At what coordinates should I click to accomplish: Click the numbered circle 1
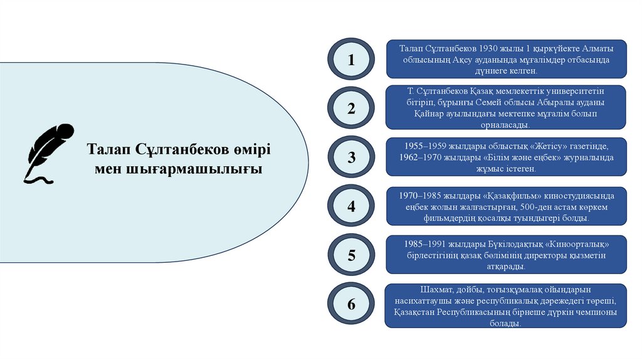pos(351,60)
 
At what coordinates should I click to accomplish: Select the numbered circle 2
pos(351,109)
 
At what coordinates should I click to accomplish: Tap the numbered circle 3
pos(351,157)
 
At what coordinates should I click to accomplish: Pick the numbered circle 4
pos(351,206)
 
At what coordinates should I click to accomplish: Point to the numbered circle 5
pos(351,255)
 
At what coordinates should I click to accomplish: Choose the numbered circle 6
pos(351,305)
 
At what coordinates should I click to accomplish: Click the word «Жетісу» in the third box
pos(530,146)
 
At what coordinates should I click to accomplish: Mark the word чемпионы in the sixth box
pos(595,312)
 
